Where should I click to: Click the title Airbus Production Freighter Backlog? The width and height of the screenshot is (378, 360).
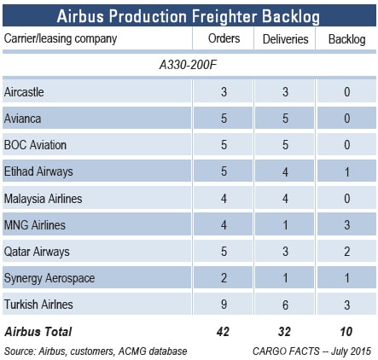(188, 16)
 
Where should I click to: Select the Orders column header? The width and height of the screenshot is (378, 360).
(224, 38)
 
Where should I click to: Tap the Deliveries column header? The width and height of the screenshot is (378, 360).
(285, 39)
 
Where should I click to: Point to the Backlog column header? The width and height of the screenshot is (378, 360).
(346, 39)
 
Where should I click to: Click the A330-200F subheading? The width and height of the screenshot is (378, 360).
(188, 65)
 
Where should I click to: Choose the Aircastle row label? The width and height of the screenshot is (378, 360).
(24, 92)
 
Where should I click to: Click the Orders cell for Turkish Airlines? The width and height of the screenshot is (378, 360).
(224, 305)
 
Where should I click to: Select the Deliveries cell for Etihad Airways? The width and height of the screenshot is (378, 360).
(285, 171)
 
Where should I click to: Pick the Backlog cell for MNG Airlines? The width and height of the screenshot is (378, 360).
(346, 225)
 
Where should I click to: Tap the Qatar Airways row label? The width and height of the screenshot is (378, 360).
(37, 252)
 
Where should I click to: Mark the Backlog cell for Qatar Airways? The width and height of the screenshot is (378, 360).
(346, 252)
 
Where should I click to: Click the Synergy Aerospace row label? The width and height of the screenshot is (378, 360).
(49, 278)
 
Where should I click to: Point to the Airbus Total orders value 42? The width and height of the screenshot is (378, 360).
(223, 332)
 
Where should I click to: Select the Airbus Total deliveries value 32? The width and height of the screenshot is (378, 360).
(284, 332)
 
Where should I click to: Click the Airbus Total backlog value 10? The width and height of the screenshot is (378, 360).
(346, 332)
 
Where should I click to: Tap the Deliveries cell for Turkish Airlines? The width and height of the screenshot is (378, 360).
(285, 305)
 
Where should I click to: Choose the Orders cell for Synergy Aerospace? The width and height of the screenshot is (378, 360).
(224, 278)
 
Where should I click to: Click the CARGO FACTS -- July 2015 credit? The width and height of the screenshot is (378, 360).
(311, 351)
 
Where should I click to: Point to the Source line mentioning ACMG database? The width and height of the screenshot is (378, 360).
(96, 351)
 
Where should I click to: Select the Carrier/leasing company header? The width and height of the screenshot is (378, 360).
(61, 38)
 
